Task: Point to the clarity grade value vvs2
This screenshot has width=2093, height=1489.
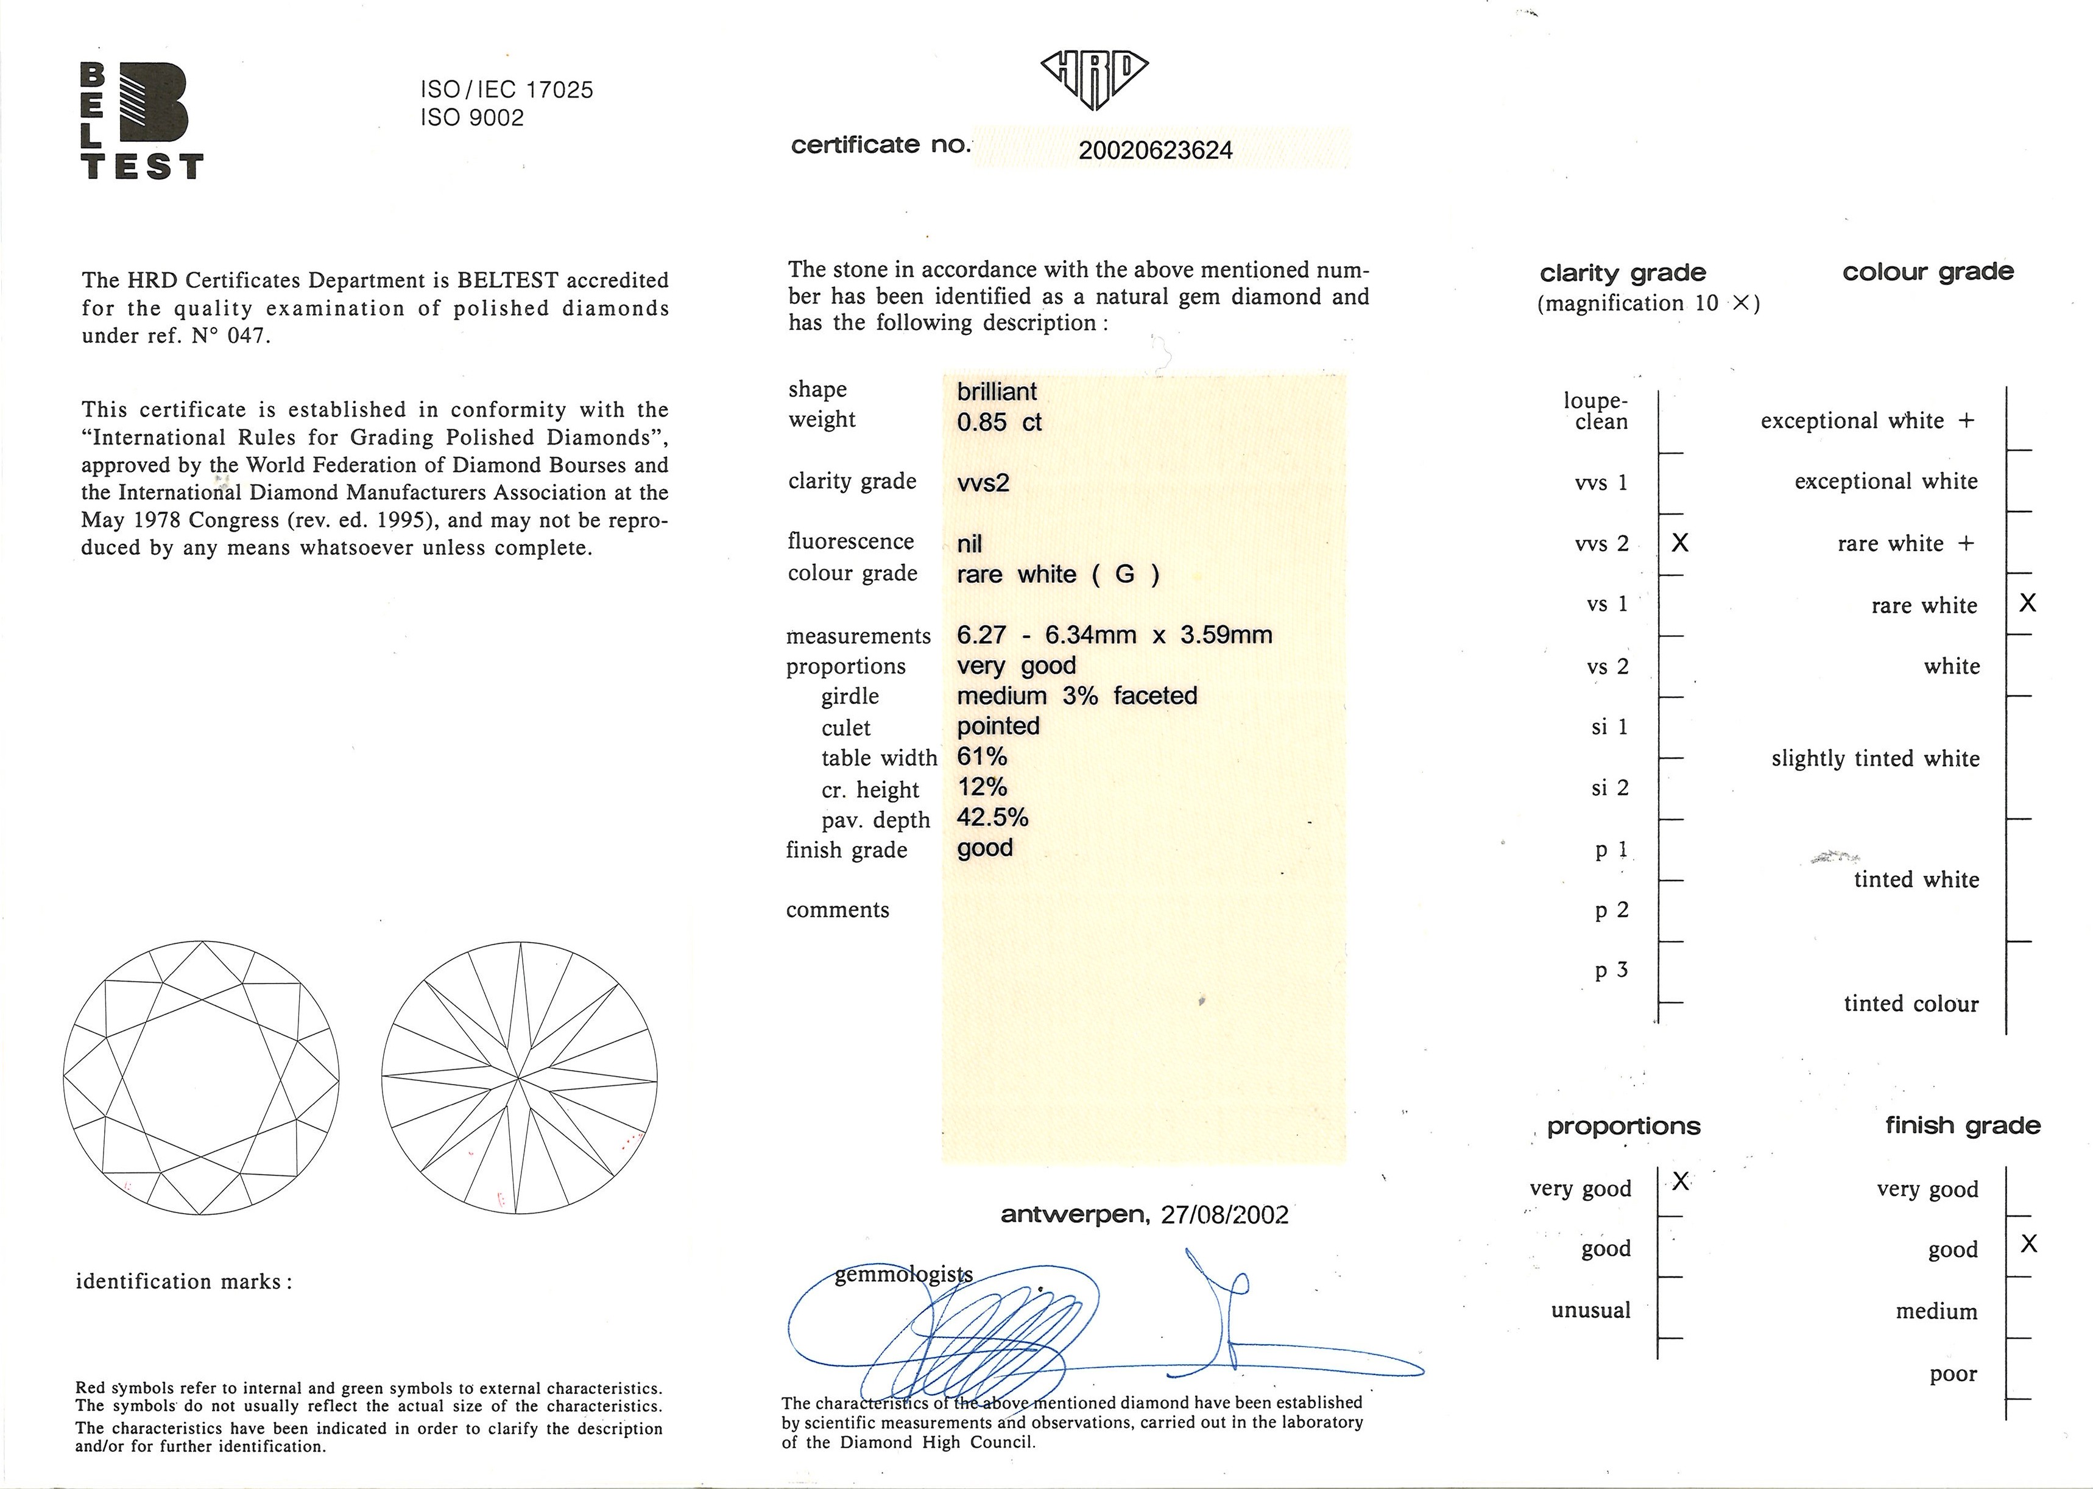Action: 983,483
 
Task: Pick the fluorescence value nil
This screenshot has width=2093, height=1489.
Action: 970,544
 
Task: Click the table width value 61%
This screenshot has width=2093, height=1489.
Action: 981,758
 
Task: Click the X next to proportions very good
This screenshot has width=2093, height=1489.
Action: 1680,1181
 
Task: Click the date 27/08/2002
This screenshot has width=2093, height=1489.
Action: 1224,1215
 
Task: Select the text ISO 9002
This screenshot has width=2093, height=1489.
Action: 472,118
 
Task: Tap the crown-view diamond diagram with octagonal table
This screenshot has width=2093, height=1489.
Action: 201,1077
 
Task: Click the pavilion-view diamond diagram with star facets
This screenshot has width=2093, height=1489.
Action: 519,1077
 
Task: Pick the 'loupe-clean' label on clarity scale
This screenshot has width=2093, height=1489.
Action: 1597,412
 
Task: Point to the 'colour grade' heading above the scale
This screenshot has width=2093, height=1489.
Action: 1928,272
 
